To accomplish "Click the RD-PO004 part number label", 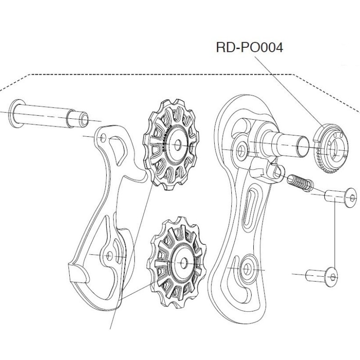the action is [250, 48].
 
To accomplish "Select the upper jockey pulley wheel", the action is [171, 144].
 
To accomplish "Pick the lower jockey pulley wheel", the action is [177, 262].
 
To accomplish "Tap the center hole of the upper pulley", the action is [177, 145].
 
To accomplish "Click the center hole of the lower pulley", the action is [184, 263].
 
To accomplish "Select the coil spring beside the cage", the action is [300, 183].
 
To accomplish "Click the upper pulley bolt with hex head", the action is [341, 197].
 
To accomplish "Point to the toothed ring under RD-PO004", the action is [331, 150].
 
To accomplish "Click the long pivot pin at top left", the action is [49, 115].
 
